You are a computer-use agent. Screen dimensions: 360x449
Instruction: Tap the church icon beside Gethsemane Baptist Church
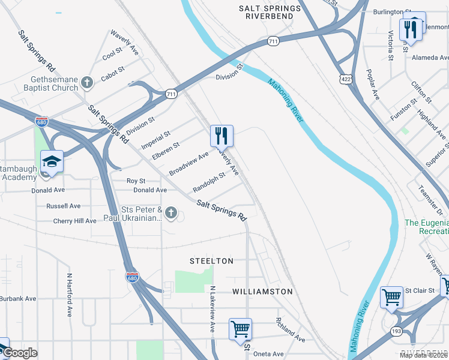click(87, 82)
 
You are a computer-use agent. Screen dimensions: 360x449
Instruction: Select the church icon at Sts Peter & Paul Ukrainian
click(171, 213)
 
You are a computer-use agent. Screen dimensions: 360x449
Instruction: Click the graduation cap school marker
click(52, 161)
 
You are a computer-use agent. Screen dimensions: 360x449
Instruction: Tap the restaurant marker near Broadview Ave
click(221, 136)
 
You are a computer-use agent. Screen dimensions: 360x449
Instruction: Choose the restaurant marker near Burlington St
click(411, 28)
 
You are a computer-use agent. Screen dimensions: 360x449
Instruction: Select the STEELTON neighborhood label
click(211, 261)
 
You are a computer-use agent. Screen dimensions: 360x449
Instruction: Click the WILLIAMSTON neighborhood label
click(263, 292)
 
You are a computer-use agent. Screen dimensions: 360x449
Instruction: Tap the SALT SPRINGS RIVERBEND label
click(270, 12)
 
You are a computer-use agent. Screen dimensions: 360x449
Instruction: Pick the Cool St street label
click(112, 55)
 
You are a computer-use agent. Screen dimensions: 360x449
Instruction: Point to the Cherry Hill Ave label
click(74, 221)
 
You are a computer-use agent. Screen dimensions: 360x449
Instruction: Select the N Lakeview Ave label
click(212, 310)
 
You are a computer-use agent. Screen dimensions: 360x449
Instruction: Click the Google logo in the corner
click(19, 353)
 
